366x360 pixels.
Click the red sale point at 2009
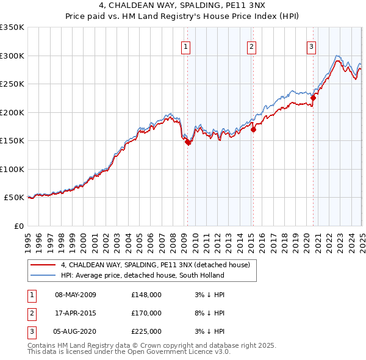(x=188, y=142)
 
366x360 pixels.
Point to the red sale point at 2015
(x=254, y=129)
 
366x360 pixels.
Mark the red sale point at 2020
(x=313, y=98)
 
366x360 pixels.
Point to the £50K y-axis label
(x=13, y=198)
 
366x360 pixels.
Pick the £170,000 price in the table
(x=146, y=313)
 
